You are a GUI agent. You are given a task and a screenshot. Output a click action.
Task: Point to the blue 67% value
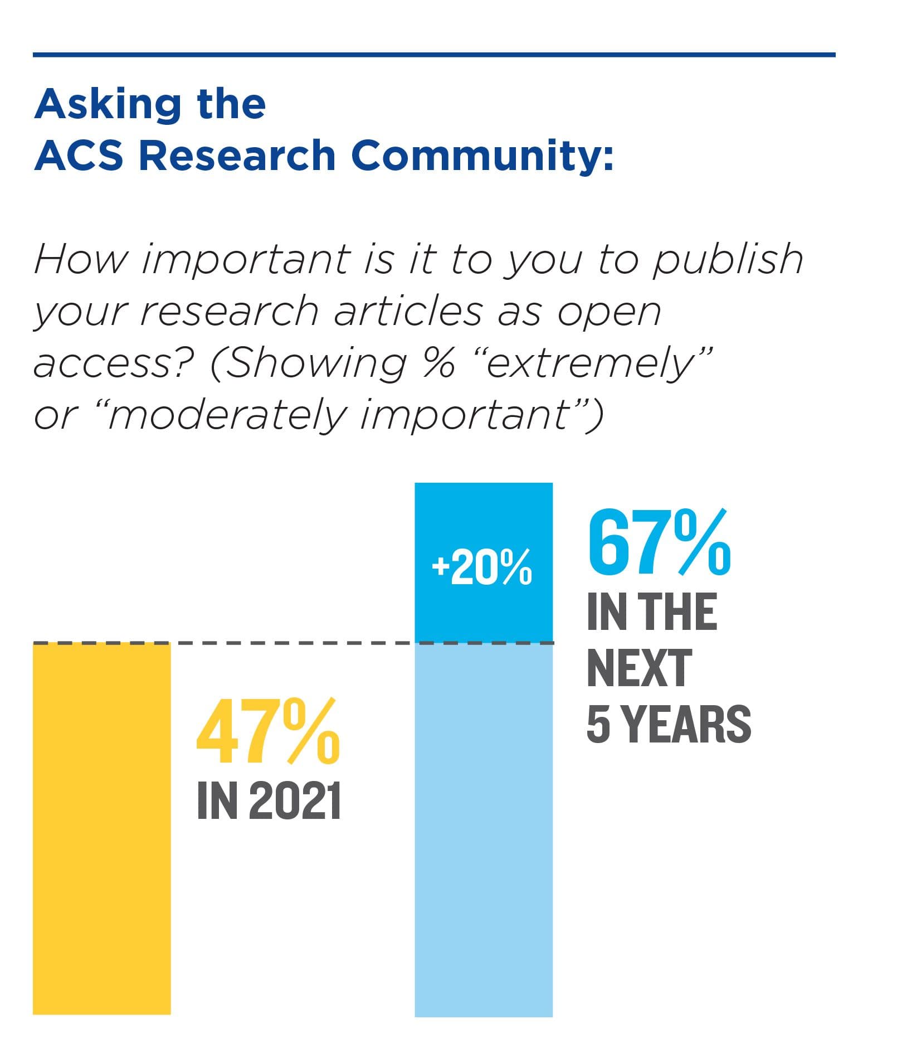coord(659,542)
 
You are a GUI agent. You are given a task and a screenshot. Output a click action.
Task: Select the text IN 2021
coord(269,801)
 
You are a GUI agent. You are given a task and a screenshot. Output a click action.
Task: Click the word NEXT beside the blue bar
coord(639,668)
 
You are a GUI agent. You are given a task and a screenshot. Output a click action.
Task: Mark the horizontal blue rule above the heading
coord(434,55)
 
